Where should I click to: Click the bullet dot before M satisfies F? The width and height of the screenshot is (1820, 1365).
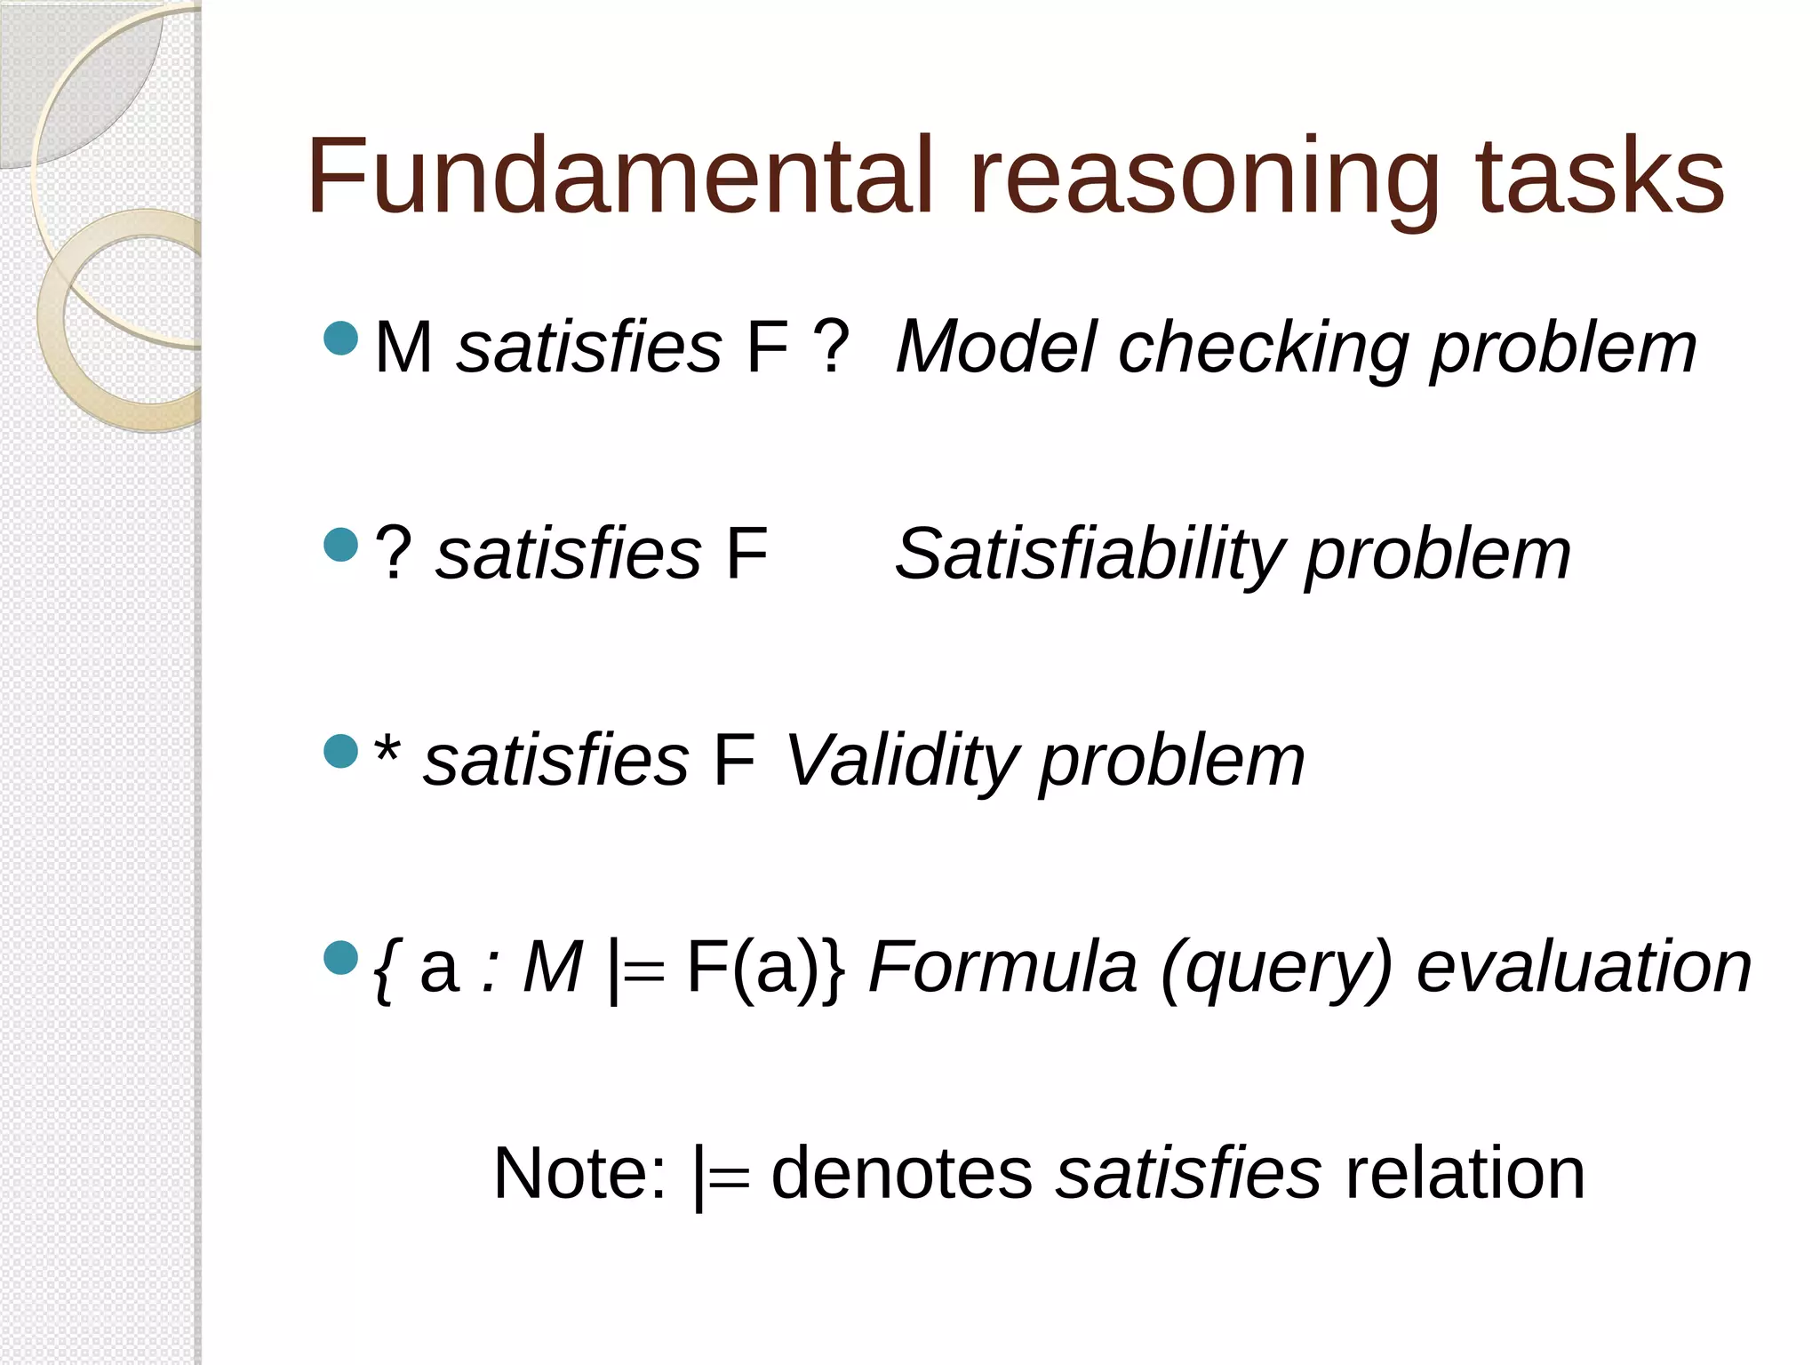click(340, 338)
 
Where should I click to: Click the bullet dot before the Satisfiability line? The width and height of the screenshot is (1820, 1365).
click(340, 545)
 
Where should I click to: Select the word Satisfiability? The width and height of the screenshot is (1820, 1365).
click(1089, 555)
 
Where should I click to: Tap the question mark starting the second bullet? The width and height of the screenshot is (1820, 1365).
click(393, 553)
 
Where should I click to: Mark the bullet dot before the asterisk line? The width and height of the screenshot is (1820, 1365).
click(340, 751)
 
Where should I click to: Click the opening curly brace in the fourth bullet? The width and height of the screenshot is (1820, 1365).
click(384, 969)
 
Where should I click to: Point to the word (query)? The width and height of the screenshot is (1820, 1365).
click(1276, 969)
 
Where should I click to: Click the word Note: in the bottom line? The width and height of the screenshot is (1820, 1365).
click(579, 1173)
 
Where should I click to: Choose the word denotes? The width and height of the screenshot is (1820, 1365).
click(901, 1173)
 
